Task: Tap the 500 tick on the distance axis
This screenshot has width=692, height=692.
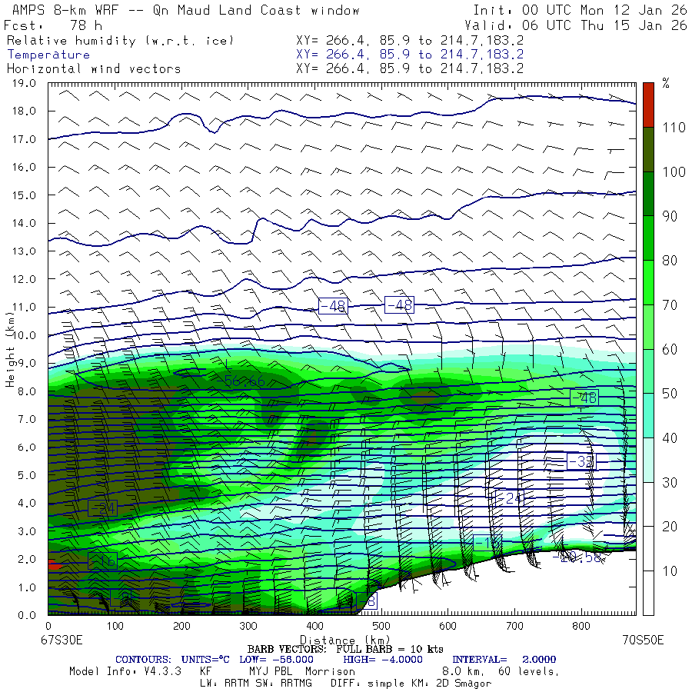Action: tap(382, 628)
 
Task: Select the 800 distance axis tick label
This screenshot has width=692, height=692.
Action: tap(582, 628)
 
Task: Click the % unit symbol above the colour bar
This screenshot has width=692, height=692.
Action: tap(666, 84)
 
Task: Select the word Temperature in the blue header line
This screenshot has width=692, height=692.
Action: tap(48, 55)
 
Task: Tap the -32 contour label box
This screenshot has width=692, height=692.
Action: tap(581, 461)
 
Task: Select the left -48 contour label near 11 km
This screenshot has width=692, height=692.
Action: tap(333, 306)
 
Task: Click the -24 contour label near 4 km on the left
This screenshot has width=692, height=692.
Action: tap(101, 508)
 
